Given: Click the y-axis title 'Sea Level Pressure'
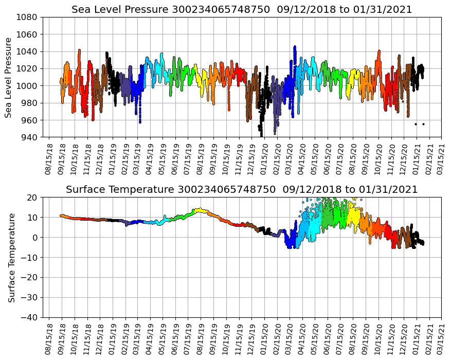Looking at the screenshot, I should (9, 77).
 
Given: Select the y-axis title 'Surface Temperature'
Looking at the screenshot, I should (11, 257).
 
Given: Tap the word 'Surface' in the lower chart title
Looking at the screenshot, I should (85, 190).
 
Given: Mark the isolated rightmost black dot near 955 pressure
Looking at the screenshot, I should (423, 124).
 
